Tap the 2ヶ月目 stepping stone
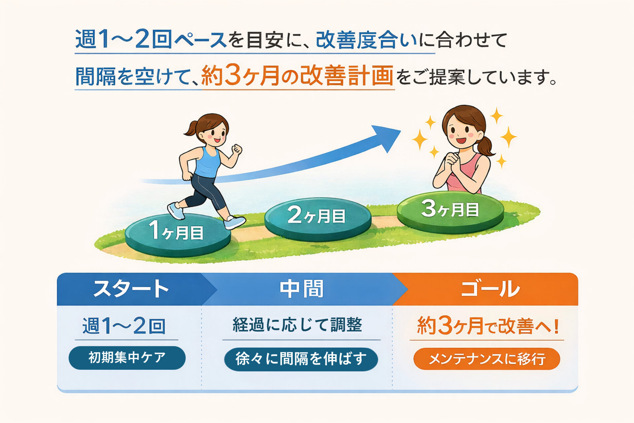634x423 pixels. tap(318, 219)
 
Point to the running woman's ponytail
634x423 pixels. tap(191, 129)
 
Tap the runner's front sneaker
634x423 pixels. tap(234, 222)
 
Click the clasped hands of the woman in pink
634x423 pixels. tap(451, 162)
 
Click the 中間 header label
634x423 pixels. tap(301, 289)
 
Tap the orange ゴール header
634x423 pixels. tap(490, 289)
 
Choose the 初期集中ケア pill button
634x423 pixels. tap(127, 358)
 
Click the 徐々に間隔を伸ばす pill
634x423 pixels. tap(301, 359)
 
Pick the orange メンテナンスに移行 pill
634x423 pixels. tap(487, 359)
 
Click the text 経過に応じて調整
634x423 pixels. tap(297, 325)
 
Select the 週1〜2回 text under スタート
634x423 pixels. tap(124, 326)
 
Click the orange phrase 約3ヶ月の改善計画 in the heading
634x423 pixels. tap(297, 76)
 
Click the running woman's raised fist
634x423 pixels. tap(237, 149)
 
